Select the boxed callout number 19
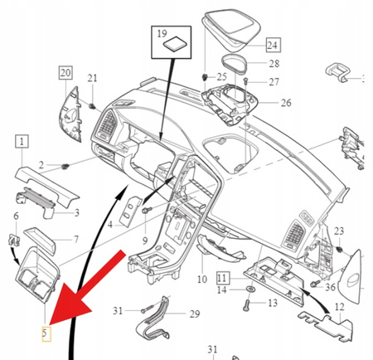[161, 34]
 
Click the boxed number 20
[65, 73]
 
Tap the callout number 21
[93, 79]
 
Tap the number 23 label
[338, 230]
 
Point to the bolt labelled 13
[246, 304]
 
